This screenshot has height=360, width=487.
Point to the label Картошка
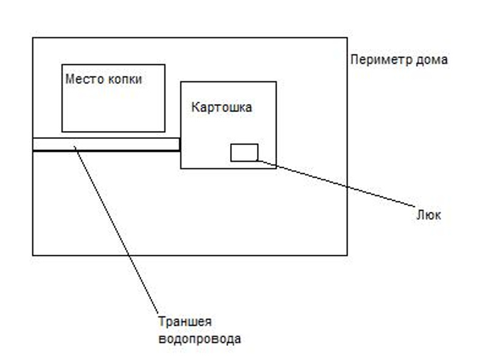(222, 108)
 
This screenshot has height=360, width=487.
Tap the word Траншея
(184, 322)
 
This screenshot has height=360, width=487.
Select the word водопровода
(199, 338)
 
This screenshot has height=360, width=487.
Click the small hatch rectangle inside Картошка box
(244, 152)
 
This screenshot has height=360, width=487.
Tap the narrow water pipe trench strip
(107, 144)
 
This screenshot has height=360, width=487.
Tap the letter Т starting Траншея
(161, 322)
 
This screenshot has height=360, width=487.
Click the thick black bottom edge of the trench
(107, 150)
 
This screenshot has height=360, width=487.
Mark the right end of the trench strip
(179, 144)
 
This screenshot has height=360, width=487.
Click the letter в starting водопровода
(161, 339)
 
